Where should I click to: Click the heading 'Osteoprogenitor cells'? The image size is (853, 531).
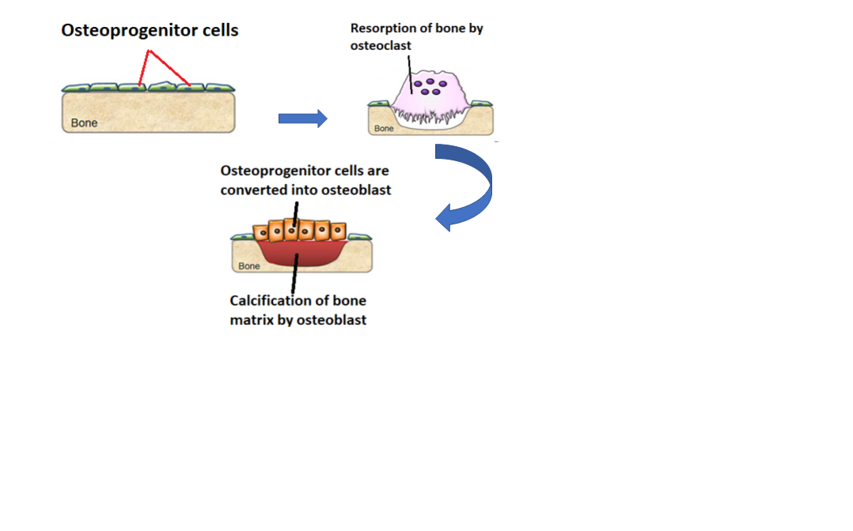tap(150, 31)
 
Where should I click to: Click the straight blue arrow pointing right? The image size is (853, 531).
tap(302, 119)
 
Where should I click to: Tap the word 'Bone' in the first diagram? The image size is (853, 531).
tap(85, 123)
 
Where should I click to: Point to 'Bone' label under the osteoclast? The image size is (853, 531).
tap(384, 128)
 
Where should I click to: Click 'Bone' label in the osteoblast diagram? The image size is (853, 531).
tap(249, 266)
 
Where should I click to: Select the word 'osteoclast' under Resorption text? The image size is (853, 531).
tap(380, 46)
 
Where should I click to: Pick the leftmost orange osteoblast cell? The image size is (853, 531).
tap(262, 232)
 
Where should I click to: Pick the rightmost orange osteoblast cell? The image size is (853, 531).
tap(338, 232)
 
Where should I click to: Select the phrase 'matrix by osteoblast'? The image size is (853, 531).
tap(298, 320)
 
